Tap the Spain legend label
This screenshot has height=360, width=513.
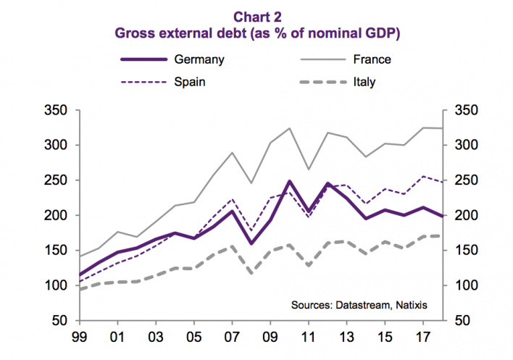[x=189, y=82]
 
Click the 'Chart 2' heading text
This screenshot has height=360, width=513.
[x=259, y=17]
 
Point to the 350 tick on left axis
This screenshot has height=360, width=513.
[x=56, y=110]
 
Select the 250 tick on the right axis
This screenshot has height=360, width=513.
[x=464, y=180]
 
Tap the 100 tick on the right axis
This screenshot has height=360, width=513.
[x=464, y=285]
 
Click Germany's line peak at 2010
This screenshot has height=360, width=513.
[x=289, y=181]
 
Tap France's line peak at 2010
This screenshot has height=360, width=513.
[x=289, y=128]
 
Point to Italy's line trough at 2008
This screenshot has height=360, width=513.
[x=250, y=273]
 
